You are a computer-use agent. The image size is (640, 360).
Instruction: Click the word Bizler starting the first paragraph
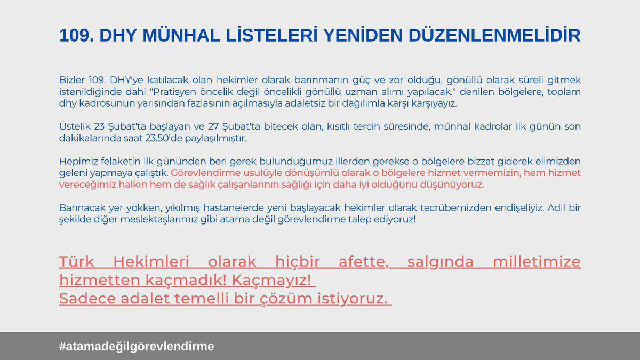tap(71, 80)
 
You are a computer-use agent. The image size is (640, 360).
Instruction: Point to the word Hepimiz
tap(76, 162)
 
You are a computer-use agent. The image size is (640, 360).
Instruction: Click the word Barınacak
tap(80, 208)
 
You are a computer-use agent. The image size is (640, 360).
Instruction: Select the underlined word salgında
tap(441, 262)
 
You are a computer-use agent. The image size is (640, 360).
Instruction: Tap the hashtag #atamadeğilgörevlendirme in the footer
tap(137, 346)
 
